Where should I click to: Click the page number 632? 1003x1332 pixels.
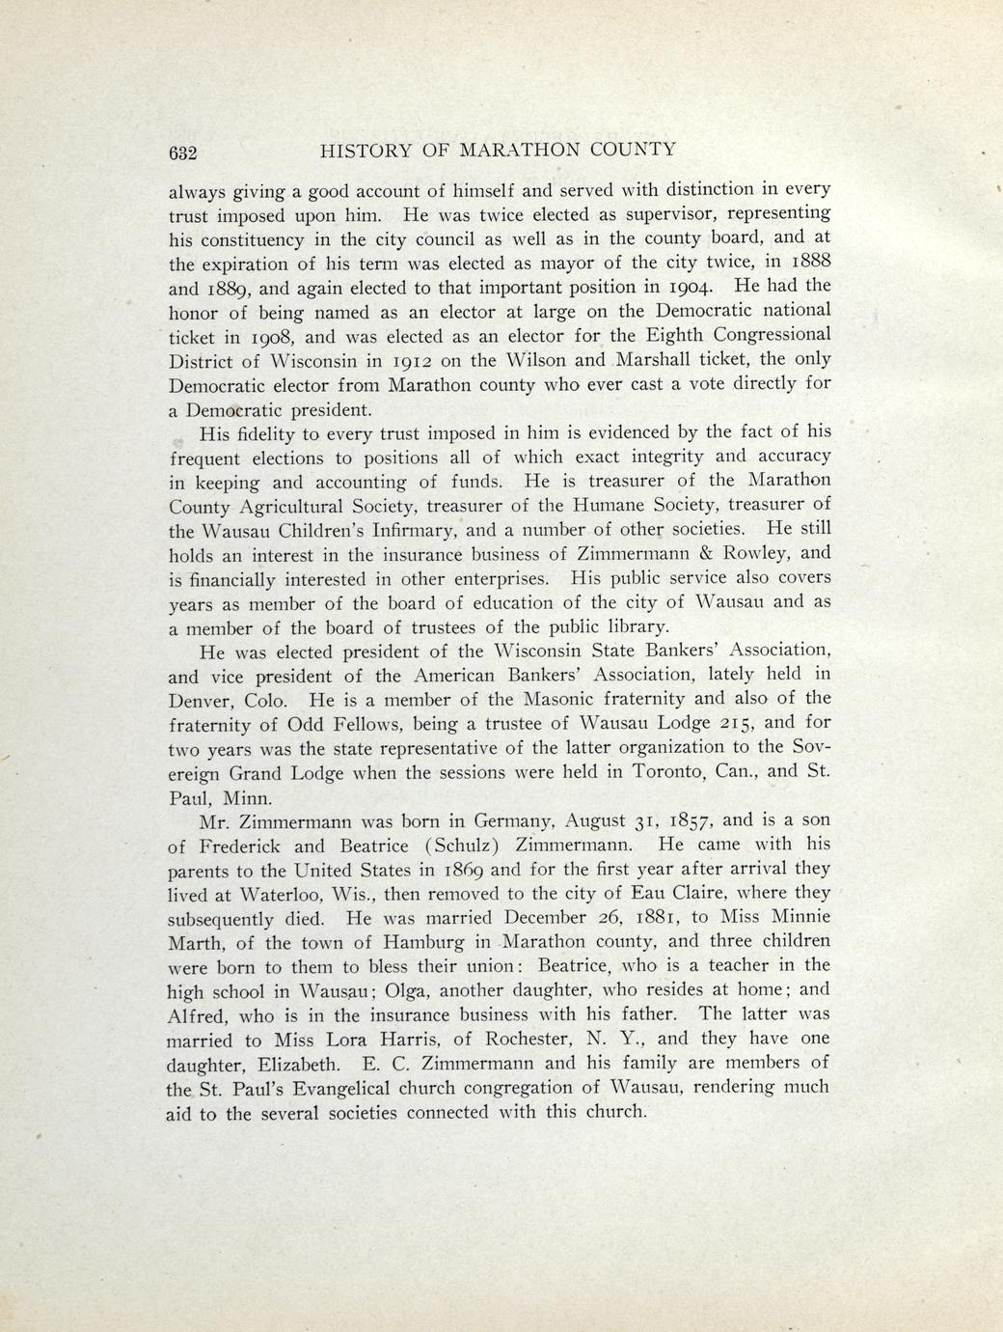(x=182, y=152)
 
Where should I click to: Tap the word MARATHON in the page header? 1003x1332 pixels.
(x=520, y=150)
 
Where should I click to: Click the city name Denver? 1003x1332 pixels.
(x=201, y=699)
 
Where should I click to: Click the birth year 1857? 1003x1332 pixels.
(x=686, y=820)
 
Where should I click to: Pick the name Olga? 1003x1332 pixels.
(x=405, y=990)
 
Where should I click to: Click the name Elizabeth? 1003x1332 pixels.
(x=293, y=1064)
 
